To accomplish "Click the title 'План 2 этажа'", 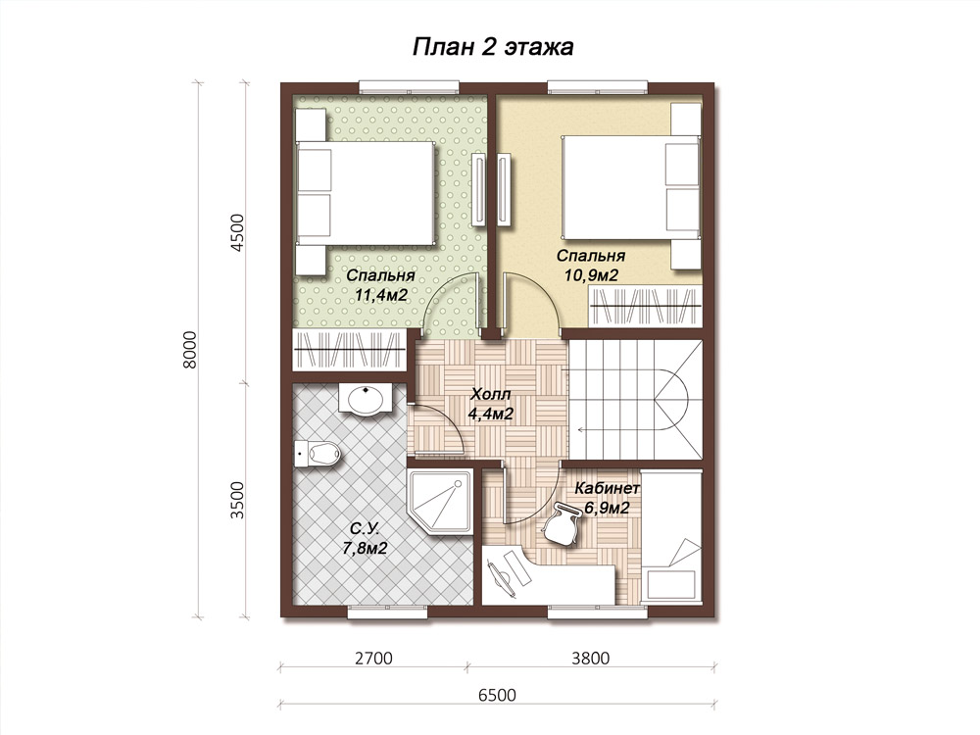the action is click(x=493, y=47).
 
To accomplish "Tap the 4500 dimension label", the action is click(x=238, y=232).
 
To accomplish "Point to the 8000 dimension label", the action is click(x=190, y=350).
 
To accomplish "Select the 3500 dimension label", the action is click(x=238, y=500).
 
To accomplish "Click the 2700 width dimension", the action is click(x=373, y=659).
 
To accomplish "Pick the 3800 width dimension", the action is click(x=590, y=659).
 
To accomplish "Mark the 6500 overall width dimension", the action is click(x=497, y=695).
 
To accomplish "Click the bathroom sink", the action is click(x=366, y=398).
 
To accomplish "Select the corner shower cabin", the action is click(x=441, y=501).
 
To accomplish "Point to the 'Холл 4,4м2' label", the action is click(x=491, y=404).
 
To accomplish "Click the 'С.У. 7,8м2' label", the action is click(x=365, y=539).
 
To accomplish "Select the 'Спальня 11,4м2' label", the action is click(x=380, y=285).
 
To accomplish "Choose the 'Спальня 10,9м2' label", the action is click(x=591, y=265).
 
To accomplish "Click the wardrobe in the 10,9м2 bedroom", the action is click(x=646, y=307).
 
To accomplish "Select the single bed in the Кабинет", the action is click(x=672, y=538).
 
